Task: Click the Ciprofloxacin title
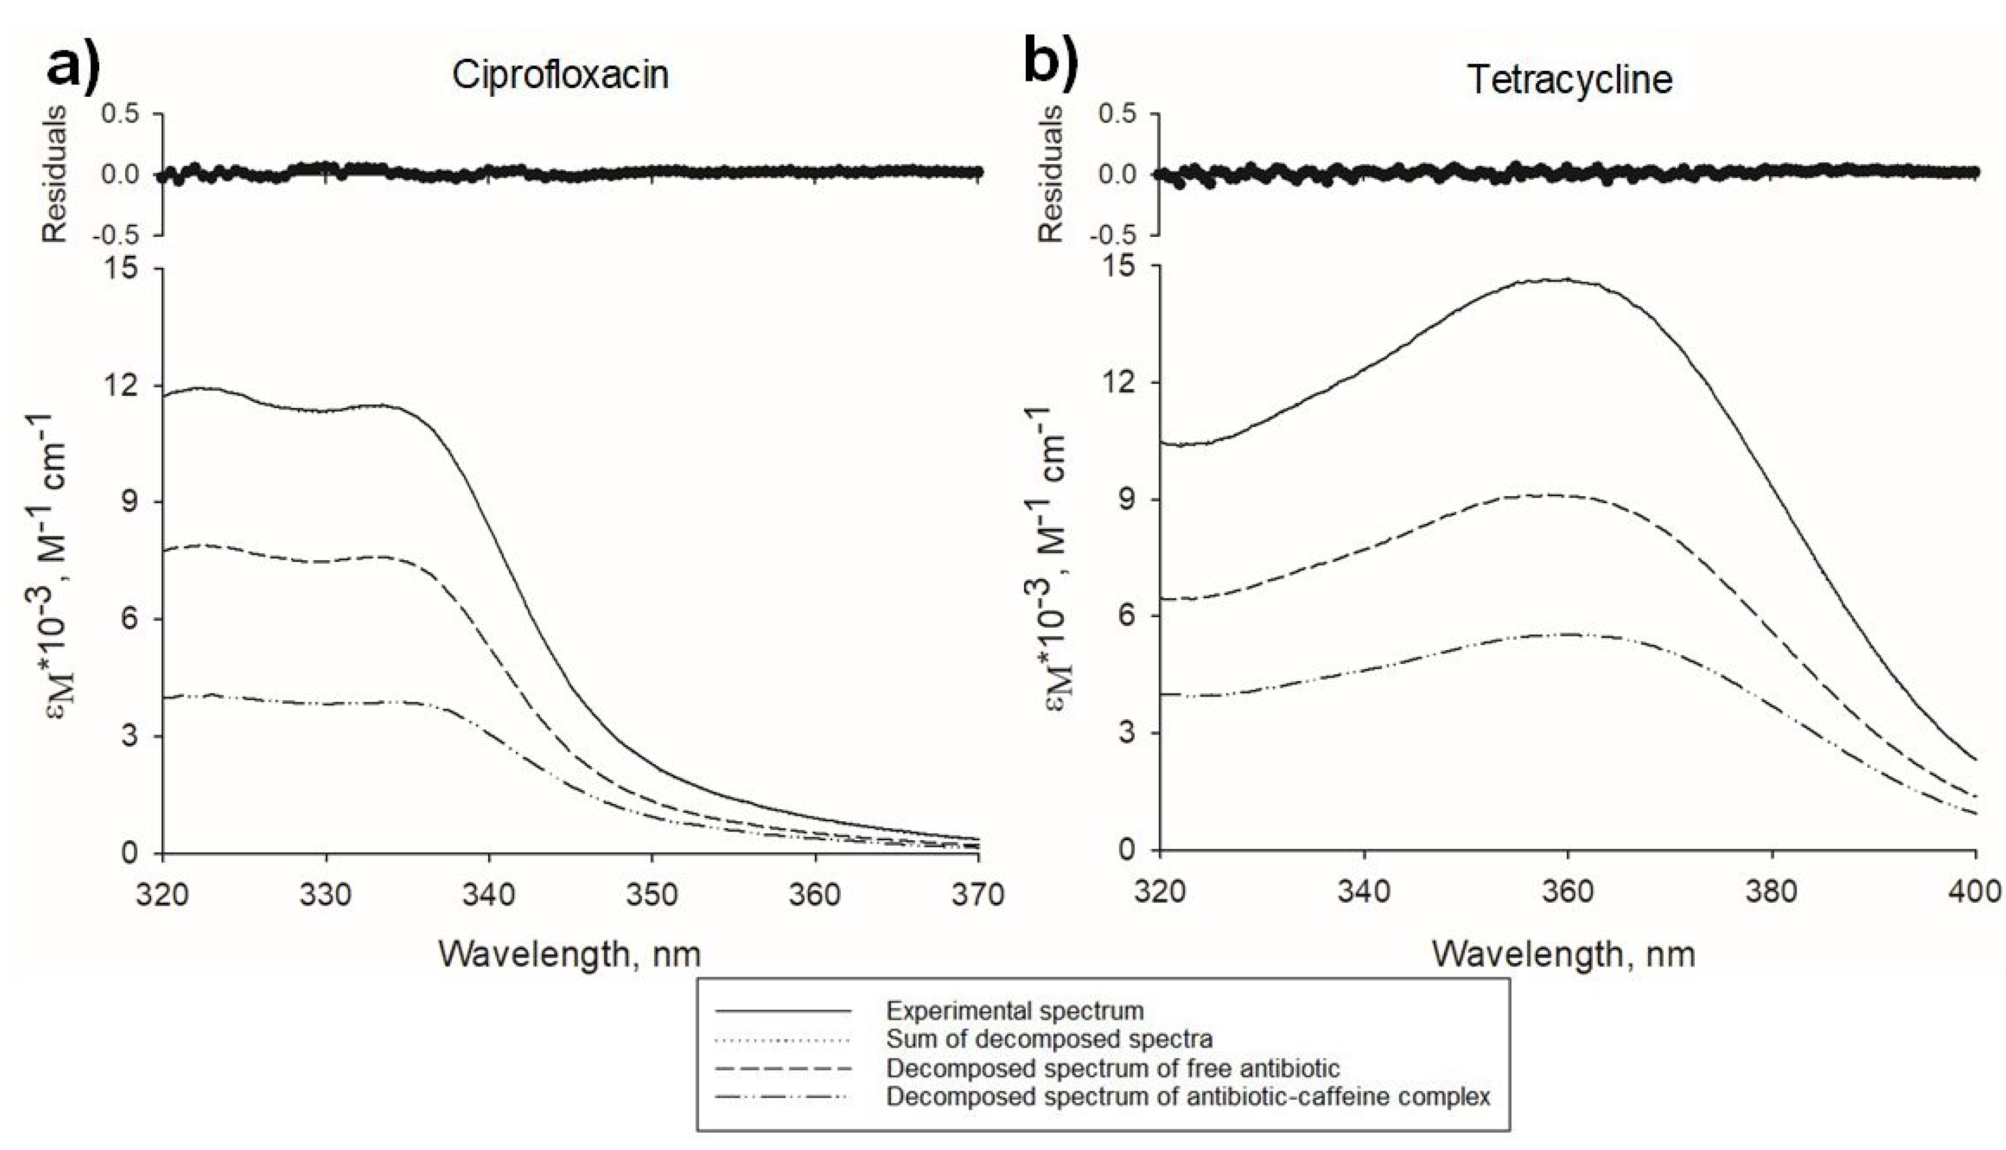click(x=560, y=75)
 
